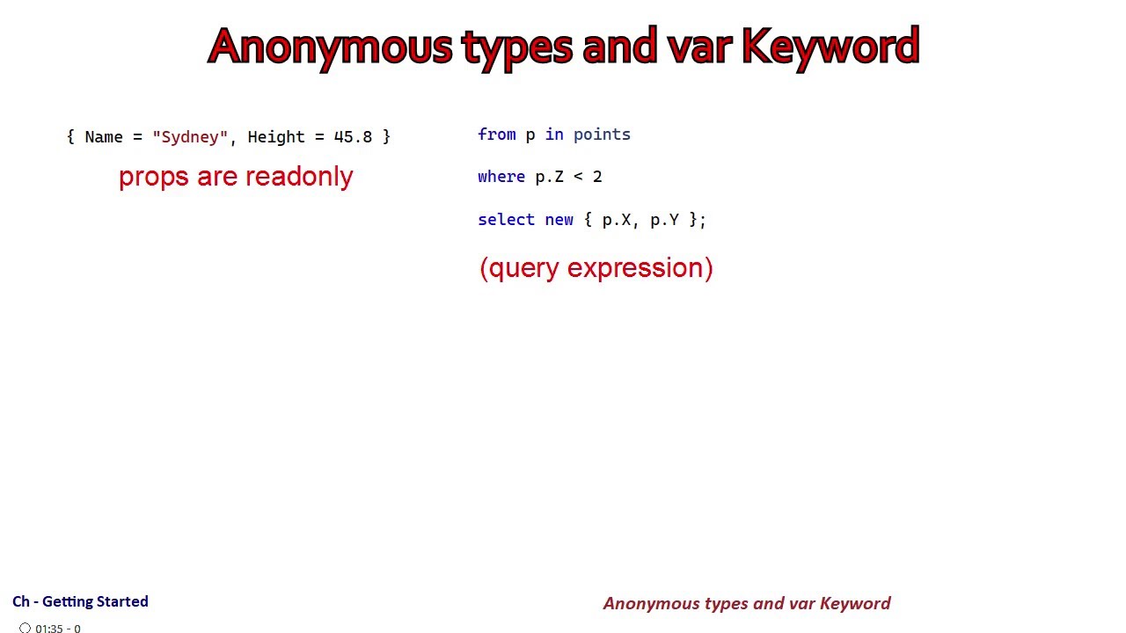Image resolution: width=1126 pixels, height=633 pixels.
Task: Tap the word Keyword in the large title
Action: [830, 47]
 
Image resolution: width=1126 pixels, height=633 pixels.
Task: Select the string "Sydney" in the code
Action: [190, 137]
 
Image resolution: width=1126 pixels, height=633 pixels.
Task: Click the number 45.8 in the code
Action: [353, 137]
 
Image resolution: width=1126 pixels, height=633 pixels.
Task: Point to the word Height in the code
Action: [276, 137]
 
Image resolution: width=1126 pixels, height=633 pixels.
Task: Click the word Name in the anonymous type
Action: [104, 137]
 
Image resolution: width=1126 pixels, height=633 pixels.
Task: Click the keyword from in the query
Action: [496, 135]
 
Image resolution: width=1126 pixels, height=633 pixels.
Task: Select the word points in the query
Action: [602, 135]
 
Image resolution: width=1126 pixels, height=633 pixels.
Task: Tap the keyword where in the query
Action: [501, 177]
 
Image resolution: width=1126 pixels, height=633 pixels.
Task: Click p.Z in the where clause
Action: [549, 177]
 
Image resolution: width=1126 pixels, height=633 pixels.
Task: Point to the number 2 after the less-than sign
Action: [597, 177]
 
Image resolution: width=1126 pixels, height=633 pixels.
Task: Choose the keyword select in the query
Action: [506, 220]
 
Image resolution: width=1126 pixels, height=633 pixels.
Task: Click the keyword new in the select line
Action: [559, 220]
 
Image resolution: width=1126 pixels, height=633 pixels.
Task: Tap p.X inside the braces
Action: [616, 220]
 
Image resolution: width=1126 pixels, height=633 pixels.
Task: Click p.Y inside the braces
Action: [664, 220]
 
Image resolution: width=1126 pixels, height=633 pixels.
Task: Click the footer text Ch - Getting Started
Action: [80, 601]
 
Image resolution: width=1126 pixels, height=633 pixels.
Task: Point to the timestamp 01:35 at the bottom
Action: [48, 629]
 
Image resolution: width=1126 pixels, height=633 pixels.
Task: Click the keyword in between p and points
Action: [554, 135]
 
